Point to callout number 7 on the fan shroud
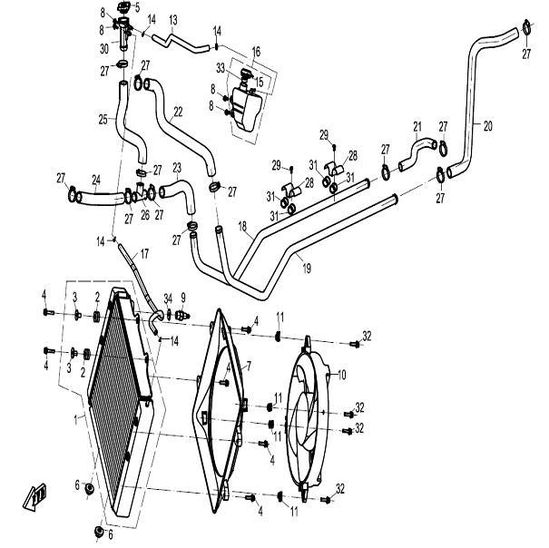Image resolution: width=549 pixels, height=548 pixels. (248, 366)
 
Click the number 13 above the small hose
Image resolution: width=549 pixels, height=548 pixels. (173, 19)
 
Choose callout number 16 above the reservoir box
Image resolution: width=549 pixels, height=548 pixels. (256, 54)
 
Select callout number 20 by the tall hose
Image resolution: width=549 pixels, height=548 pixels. (487, 126)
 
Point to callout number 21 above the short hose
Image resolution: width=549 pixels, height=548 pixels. (417, 126)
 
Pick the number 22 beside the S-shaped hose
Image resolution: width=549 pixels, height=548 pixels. (178, 112)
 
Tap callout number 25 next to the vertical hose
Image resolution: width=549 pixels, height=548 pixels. (103, 119)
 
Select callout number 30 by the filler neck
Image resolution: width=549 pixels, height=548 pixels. (105, 48)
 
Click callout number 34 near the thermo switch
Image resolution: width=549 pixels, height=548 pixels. (167, 298)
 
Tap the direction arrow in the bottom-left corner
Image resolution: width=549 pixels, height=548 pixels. (35, 495)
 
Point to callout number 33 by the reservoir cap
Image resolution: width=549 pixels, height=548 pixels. (220, 67)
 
